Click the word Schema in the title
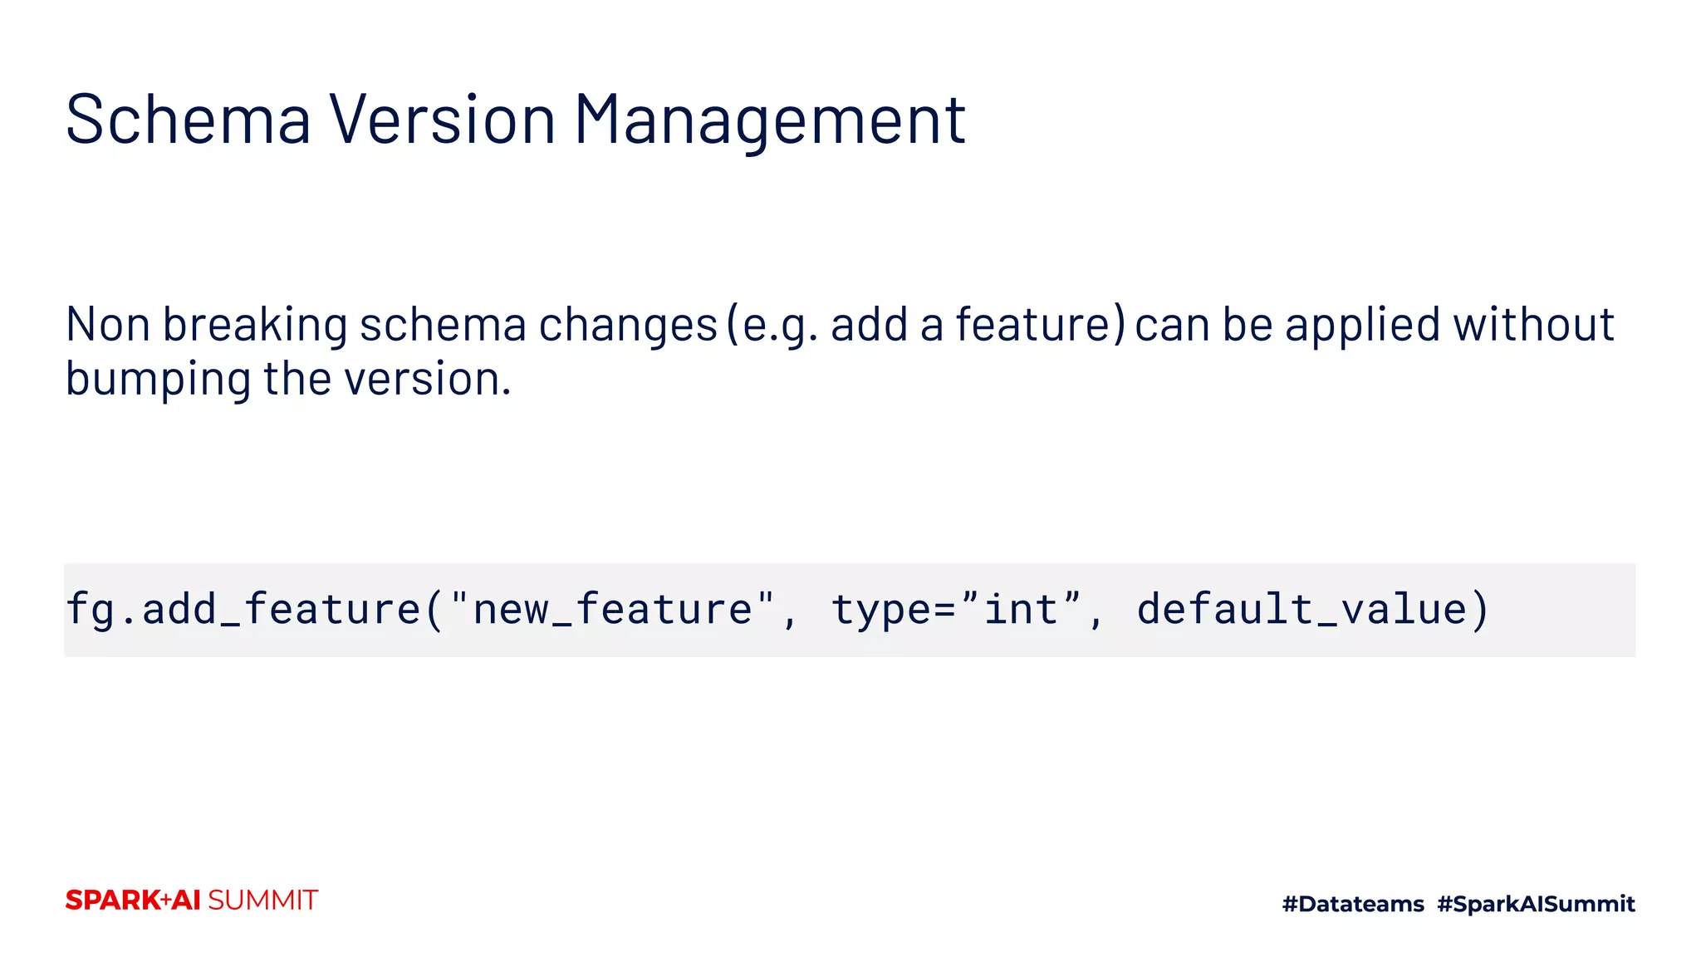pyautogui.click(x=188, y=120)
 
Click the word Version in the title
pyautogui.click(x=442, y=120)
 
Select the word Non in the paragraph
pyautogui.click(x=107, y=325)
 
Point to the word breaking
pyautogui.click(x=255, y=326)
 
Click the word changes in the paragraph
pyautogui.click(x=628, y=325)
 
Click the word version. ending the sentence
pyautogui.click(x=428, y=380)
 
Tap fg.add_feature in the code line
pyautogui.click(x=243, y=610)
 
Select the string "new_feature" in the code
pyautogui.click(x=612, y=610)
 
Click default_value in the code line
pyautogui.click(x=1301, y=610)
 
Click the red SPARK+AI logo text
pyautogui.click(x=133, y=901)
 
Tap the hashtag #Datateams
pyautogui.click(x=1353, y=904)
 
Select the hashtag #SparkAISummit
pyautogui.click(x=1536, y=904)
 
